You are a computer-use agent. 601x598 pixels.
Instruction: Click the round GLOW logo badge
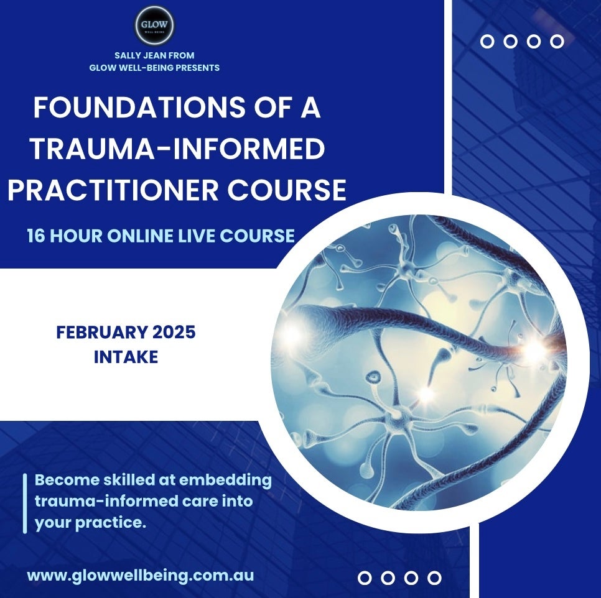click(x=154, y=26)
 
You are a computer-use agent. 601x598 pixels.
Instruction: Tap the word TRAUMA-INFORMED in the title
click(x=177, y=149)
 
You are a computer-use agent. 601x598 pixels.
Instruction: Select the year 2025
click(x=174, y=333)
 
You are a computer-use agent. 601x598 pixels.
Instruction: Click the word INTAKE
click(x=126, y=357)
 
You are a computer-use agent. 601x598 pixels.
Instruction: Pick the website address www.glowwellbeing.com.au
click(x=141, y=575)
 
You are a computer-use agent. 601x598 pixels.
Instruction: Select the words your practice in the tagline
click(x=90, y=523)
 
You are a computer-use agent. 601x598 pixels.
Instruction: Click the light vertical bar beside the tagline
click(x=25, y=503)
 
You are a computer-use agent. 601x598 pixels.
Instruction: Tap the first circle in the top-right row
click(x=488, y=42)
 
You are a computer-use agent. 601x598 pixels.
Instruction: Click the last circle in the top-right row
click(x=557, y=42)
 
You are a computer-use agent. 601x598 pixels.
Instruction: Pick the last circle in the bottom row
click(x=435, y=578)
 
